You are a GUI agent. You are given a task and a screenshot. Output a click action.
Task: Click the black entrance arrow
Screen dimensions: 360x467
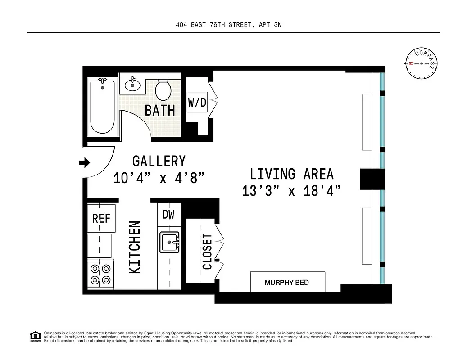tap(84, 162)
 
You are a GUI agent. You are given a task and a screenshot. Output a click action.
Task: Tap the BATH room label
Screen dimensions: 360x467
tap(160, 110)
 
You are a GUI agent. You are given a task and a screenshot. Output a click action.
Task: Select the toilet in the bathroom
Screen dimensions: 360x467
tap(163, 90)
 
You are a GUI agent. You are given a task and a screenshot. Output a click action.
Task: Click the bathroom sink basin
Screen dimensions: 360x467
tap(133, 84)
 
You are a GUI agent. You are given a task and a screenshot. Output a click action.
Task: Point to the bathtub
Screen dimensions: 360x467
tap(102, 106)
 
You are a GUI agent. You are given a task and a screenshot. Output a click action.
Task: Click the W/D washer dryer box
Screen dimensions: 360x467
tap(197, 102)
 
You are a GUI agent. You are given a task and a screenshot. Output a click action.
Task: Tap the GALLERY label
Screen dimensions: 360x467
tap(159, 161)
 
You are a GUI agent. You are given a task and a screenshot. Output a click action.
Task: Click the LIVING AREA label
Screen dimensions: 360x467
tap(291, 174)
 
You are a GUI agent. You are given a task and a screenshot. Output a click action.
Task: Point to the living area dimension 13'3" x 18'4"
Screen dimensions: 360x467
tap(290, 191)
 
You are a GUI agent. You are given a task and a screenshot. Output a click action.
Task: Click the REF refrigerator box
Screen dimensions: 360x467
tap(101, 218)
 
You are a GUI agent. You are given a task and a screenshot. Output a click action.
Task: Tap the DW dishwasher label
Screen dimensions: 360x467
tap(168, 215)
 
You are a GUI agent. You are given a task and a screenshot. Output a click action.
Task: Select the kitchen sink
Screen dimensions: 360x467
tap(170, 242)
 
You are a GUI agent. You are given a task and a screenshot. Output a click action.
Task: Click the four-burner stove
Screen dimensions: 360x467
tap(100, 274)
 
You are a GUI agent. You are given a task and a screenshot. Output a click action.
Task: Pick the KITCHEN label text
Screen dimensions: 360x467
tap(135, 247)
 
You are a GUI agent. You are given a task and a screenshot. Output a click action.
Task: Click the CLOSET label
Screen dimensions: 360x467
tap(207, 251)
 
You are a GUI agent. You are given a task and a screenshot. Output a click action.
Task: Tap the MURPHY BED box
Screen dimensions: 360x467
tap(287, 282)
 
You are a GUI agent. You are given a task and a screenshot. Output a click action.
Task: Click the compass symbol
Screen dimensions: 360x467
tap(422, 63)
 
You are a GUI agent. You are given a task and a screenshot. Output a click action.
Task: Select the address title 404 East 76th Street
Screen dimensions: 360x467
tap(228, 25)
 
